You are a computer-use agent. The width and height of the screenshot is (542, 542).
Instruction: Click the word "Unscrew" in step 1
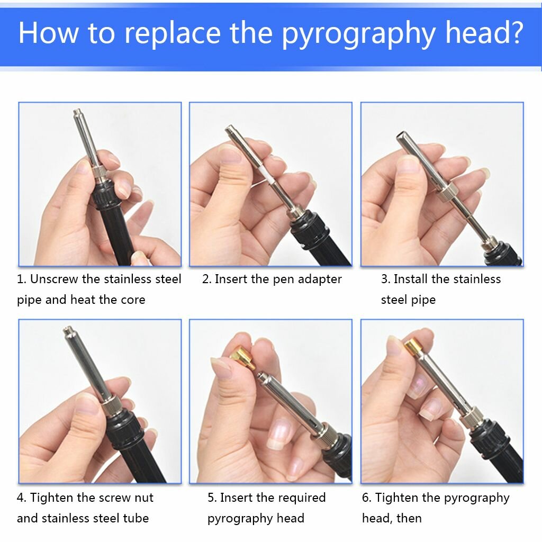(x=54, y=278)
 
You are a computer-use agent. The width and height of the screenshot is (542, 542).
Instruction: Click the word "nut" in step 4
(x=144, y=498)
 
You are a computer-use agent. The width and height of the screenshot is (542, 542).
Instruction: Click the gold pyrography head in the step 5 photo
(x=242, y=358)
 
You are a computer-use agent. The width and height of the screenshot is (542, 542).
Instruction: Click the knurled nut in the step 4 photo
(x=112, y=406)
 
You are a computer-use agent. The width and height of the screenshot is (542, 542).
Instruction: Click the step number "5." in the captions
(x=212, y=498)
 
